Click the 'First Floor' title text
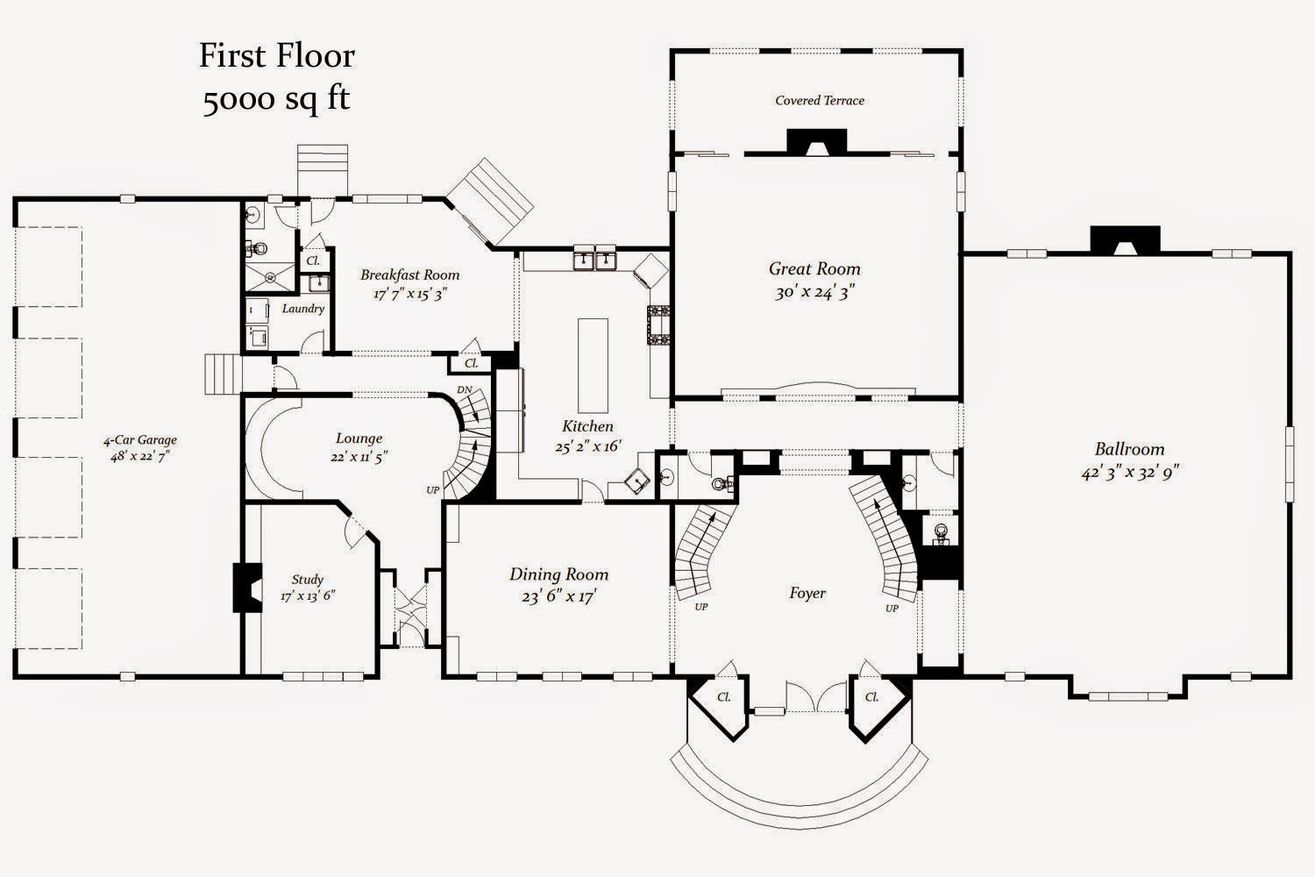[276, 56]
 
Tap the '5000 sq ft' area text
[276, 99]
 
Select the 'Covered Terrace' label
[819, 101]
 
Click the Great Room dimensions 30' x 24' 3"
[814, 292]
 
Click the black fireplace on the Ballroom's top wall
[1125, 239]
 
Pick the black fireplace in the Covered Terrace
[816, 141]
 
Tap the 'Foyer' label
[807, 594]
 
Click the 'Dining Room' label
[558, 574]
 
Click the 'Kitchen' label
[587, 426]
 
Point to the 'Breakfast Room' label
[409, 275]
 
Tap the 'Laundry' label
[303, 309]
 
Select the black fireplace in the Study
[245, 587]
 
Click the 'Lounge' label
[359, 438]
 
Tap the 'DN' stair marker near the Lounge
[465, 390]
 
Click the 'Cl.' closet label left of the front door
[724, 697]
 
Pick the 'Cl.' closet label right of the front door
[871, 697]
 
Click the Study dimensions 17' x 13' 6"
[308, 595]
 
